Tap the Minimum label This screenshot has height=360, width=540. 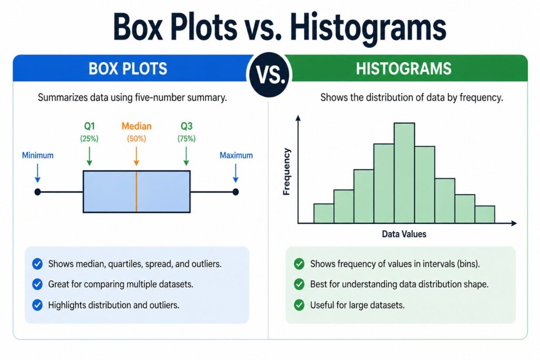(37, 155)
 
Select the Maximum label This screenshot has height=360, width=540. (236, 155)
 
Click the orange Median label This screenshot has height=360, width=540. (136, 127)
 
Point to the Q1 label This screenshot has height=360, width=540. (90, 127)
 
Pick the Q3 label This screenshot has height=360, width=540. (186, 127)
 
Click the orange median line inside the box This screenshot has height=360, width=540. (137, 191)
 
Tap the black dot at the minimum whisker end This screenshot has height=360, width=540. (37, 192)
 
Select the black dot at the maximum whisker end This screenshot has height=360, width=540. (236, 192)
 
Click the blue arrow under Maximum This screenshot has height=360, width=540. (236, 172)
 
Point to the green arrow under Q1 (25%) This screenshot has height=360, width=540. (90, 155)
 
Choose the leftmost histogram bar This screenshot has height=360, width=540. (323, 213)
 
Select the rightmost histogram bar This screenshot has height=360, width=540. (485, 214)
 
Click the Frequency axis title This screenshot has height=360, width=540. (287, 172)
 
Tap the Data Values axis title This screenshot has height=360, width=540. (404, 233)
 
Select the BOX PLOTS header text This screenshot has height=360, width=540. (128, 69)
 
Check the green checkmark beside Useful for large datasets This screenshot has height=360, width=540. (300, 304)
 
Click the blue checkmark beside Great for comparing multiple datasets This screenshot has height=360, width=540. (37, 284)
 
